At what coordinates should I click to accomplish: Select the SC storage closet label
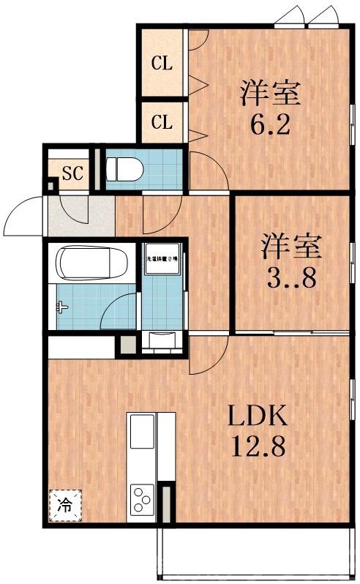click(x=72, y=173)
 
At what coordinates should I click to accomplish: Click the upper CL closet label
click(x=162, y=64)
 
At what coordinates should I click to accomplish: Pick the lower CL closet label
click(x=162, y=121)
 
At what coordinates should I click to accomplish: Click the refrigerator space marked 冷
click(x=65, y=504)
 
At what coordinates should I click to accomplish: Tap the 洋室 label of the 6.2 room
click(x=271, y=94)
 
